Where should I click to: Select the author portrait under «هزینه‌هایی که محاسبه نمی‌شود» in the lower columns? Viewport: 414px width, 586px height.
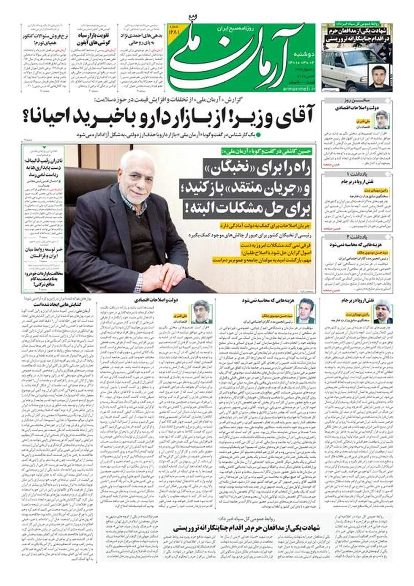click(307, 314)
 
